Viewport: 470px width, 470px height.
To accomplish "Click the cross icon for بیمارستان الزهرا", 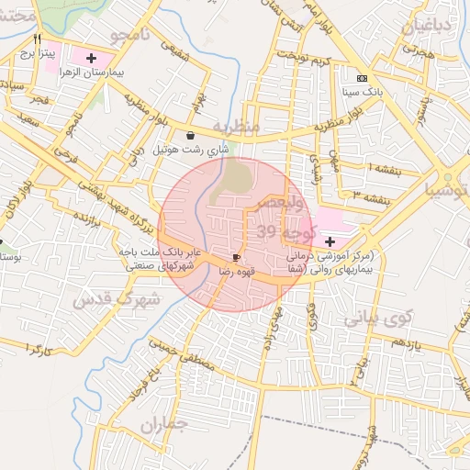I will point(90,59).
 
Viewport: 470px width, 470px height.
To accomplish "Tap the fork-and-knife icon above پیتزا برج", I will point(38,39).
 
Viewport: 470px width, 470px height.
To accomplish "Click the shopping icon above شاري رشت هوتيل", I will point(190,134).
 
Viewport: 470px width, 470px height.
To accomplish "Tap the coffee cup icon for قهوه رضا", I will point(238,257).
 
